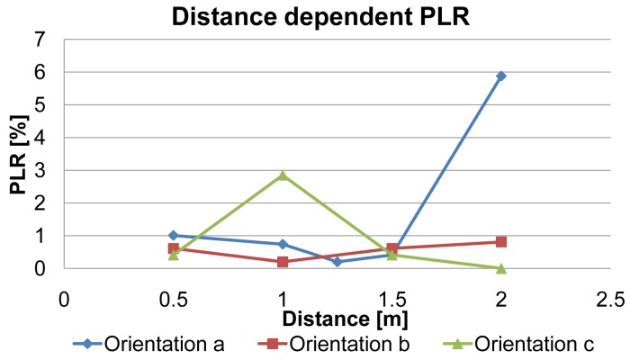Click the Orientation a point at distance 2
pyautogui.click(x=501, y=76)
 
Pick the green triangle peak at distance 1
pyautogui.click(x=283, y=175)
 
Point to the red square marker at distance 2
pyautogui.click(x=501, y=241)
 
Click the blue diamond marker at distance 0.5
pyautogui.click(x=173, y=235)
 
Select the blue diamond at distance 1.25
pyautogui.click(x=337, y=262)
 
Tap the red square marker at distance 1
pyautogui.click(x=283, y=262)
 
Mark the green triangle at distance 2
pyautogui.click(x=501, y=267)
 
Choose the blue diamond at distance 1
pyautogui.click(x=283, y=244)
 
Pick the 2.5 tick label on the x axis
pyautogui.click(x=610, y=298)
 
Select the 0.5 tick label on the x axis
pyautogui.click(x=173, y=298)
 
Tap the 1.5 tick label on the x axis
pyautogui.click(x=391, y=298)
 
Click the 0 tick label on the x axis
pyautogui.click(x=63, y=298)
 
